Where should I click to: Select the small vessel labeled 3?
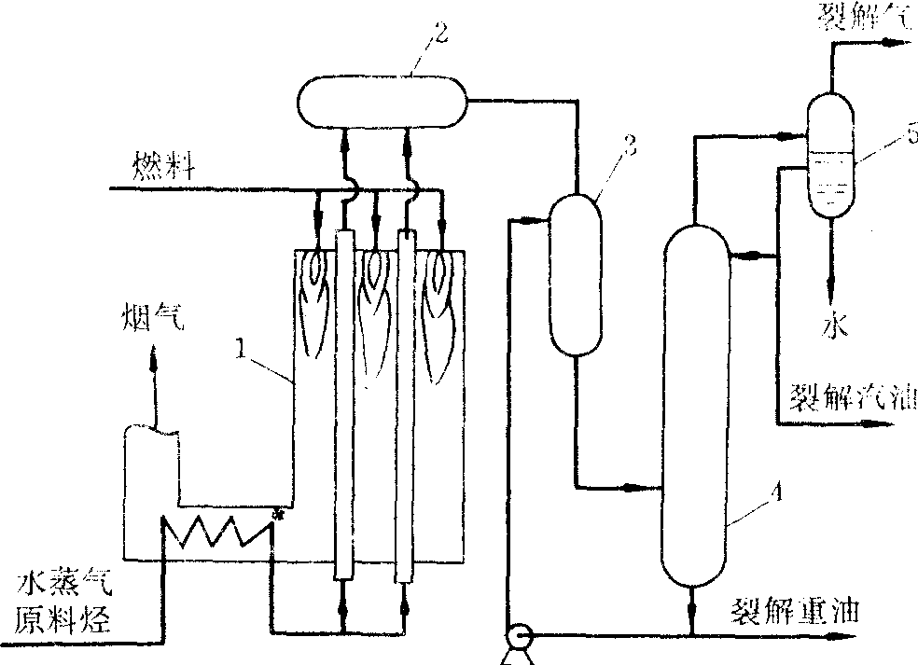(573, 274)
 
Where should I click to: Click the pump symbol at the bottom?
(515, 639)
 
